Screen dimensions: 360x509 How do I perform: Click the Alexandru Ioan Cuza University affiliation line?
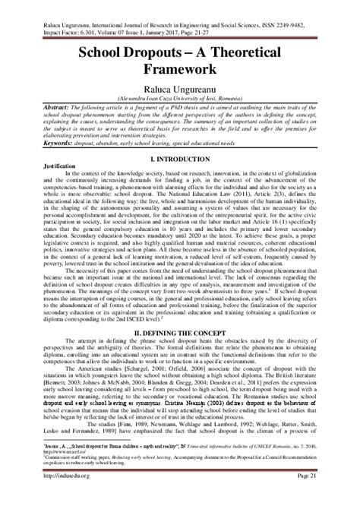180,101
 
